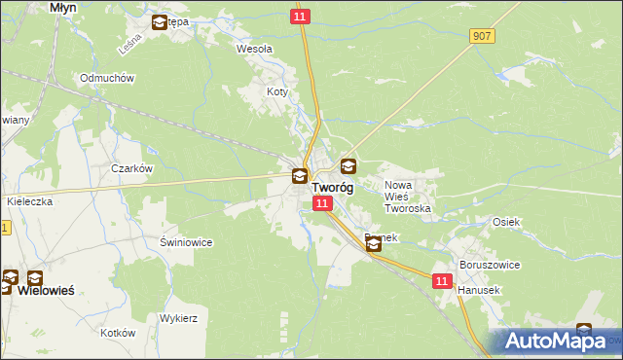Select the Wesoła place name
pos(255,48)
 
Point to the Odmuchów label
pos(107,78)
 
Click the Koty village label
pos(278,92)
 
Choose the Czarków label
pos(132,168)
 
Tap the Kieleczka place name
pos(29,200)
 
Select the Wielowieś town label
pos(46,291)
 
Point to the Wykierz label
pos(179,318)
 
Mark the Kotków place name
pos(117,333)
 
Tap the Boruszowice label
pos(490,265)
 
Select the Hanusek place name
pos(478,290)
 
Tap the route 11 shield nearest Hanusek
pos(443,280)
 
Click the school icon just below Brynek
pos(375,246)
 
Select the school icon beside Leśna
pos(159,22)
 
